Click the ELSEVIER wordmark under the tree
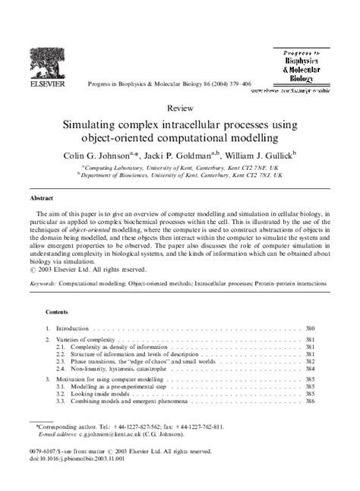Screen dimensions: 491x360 46,85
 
